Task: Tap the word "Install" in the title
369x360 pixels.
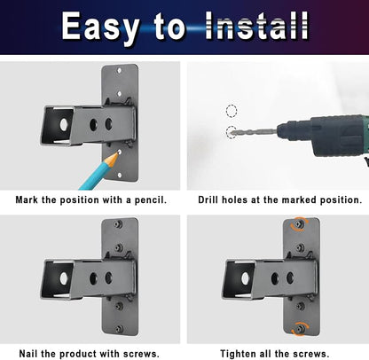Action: tap(256, 26)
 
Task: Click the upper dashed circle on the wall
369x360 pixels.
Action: tap(232, 111)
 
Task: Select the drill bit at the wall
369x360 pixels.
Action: tap(254, 131)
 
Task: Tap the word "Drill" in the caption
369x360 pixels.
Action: tap(208, 200)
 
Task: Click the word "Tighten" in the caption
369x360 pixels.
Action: tap(239, 354)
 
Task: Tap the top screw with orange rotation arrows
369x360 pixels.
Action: tap(300, 223)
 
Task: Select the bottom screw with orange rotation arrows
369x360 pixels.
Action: tap(300, 329)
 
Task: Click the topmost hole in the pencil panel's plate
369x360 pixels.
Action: tap(120, 71)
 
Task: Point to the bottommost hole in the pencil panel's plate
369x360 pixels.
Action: tap(120, 175)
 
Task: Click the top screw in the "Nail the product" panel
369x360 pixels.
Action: tap(119, 224)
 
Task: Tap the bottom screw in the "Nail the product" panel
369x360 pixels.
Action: tap(119, 329)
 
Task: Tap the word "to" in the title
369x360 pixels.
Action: tap(169, 27)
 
